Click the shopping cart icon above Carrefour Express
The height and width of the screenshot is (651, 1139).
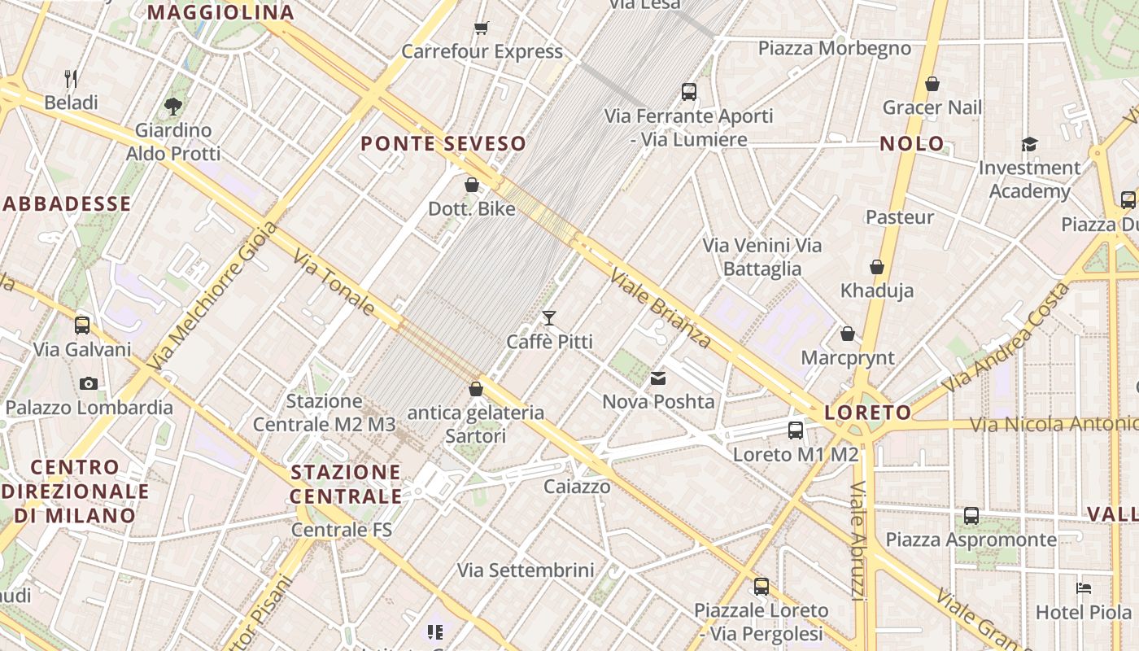(481, 28)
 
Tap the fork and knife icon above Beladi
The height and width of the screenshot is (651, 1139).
(71, 79)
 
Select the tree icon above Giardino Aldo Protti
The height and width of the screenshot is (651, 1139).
(172, 106)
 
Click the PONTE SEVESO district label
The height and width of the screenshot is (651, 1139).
(443, 144)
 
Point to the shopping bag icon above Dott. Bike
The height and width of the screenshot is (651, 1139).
(471, 185)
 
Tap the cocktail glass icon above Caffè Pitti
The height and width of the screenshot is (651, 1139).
(549, 317)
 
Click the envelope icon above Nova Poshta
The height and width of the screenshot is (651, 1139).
(657, 378)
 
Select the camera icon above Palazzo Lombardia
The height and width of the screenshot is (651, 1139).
(89, 383)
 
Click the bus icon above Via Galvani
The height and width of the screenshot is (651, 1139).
(82, 325)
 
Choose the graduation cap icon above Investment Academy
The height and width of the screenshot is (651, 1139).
(1029, 144)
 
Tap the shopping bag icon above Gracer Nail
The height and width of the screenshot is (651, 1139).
(932, 84)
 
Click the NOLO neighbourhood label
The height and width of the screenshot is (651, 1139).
(912, 144)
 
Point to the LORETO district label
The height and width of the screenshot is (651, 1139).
(868, 413)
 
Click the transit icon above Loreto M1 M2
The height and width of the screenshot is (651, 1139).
(795, 430)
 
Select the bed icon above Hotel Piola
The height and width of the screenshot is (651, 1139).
(1083, 588)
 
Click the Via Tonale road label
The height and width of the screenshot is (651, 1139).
(334, 282)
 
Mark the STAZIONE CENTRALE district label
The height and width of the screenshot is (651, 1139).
(346, 484)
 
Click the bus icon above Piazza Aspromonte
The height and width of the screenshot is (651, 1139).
(971, 516)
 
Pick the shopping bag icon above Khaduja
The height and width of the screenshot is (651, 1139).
(877, 267)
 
